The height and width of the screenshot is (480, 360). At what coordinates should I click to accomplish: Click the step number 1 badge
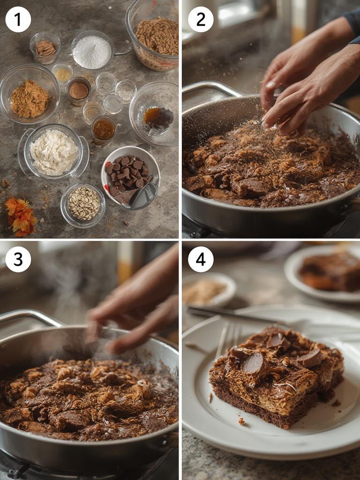coord(18,19)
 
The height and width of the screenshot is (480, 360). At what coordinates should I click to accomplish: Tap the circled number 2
coord(201,19)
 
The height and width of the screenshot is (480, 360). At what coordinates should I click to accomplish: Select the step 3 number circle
coord(18,259)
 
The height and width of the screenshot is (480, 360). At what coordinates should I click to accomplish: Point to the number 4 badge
coord(201,259)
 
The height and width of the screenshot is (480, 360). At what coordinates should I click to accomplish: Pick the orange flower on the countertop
coord(20,217)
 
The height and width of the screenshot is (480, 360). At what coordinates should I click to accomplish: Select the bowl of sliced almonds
coord(83,204)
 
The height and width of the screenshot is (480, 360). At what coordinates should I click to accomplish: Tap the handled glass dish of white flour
coord(53,152)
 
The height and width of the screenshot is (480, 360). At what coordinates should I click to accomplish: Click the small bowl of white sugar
coord(92,51)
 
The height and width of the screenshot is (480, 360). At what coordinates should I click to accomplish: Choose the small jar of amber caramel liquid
coord(104,129)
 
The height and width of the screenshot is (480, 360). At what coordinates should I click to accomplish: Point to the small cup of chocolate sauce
coord(79,90)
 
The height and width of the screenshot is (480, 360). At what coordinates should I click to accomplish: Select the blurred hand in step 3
coord(136,309)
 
